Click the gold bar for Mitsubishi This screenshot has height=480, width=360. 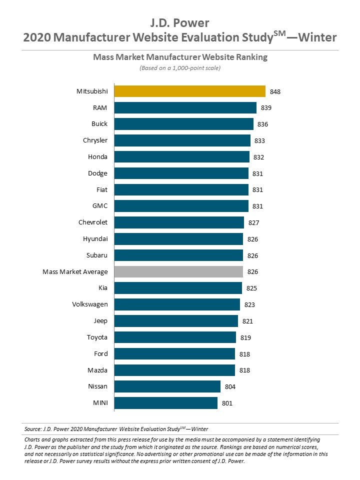[190, 91]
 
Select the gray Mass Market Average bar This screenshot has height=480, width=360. [178, 271]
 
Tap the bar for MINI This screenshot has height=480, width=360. [166, 403]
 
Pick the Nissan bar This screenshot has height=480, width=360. [167, 386]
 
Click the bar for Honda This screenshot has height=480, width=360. [182, 157]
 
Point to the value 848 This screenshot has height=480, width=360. [275, 91]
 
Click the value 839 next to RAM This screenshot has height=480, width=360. [266, 108]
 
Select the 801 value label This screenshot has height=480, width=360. [227, 403]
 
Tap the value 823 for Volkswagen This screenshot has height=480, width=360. [249, 304]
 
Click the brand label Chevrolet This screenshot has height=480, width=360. [93, 222]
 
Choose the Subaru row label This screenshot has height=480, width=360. [95, 255]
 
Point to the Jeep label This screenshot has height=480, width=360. [100, 320]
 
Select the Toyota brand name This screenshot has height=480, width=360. [97, 337]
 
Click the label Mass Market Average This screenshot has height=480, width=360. [75, 271]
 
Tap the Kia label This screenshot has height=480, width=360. [102, 288]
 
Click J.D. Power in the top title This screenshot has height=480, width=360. [180, 23]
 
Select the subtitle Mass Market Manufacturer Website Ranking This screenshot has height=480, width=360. [180, 57]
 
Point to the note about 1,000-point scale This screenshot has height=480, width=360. [180, 68]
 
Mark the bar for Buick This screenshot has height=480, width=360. [184, 124]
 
